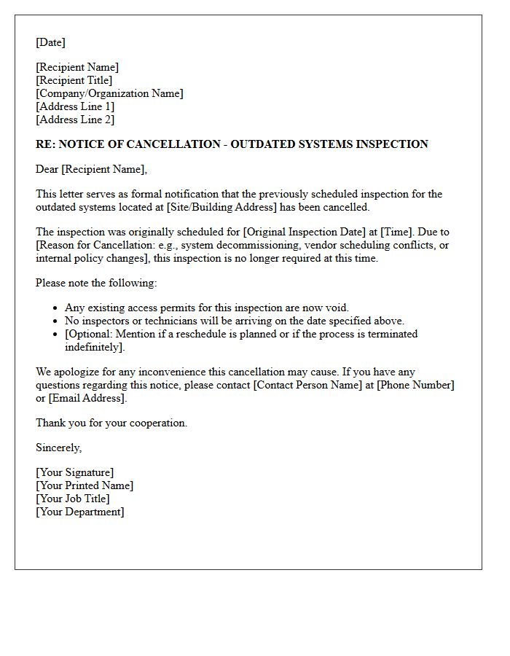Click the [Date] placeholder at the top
point(50,42)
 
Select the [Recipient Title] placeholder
point(74,80)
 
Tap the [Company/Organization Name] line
point(109,93)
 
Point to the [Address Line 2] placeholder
point(75,120)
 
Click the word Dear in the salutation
point(47,169)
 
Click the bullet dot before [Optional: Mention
point(56,334)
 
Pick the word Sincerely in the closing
point(58,448)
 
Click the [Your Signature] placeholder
point(74,472)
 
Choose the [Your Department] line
point(79,512)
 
